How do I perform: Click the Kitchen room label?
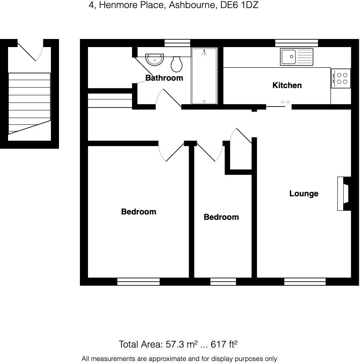[x=287, y=85]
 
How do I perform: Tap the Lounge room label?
[x=304, y=194]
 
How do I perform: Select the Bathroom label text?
[x=164, y=78]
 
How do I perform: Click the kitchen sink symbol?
[x=297, y=56]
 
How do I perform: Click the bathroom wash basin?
[x=155, y=59]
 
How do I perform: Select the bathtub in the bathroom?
[x=204, y=76]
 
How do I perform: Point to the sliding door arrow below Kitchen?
[x=285, y=102]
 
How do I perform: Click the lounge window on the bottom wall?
[x=305, y=282]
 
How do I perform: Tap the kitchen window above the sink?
[x=297, y=43]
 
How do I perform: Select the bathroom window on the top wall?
[x=177, y=43]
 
